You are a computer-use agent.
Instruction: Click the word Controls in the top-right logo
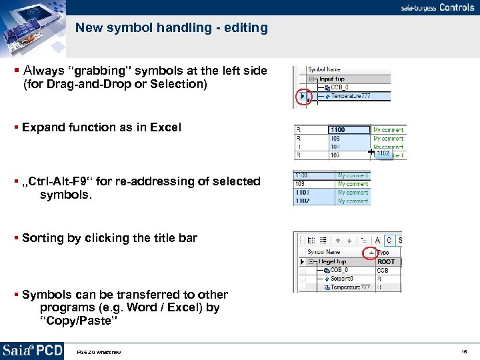click(x=457, y=8)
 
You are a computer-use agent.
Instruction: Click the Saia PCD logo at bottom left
click(x=32, y=350)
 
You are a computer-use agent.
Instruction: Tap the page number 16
click(x=464, y=351)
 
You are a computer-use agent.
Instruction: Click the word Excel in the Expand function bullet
click(x=165, y=127)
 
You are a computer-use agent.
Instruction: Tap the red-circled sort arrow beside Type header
click(x=369, y=253)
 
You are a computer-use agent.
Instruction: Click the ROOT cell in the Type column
click(x=386, y=262)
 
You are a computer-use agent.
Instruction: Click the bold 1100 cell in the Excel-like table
click(x=338, y=130)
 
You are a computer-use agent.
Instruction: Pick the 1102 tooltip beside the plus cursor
click(x=383, y=154)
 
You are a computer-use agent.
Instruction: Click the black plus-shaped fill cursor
click(x=371, y=153)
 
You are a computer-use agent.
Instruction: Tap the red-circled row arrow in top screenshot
click(x=303, y=97)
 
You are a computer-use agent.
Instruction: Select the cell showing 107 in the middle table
click(x=335, y=155)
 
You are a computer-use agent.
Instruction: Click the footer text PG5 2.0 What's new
click(x=99, y=352)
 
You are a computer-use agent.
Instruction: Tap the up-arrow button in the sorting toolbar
click(x=338, y=241)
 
